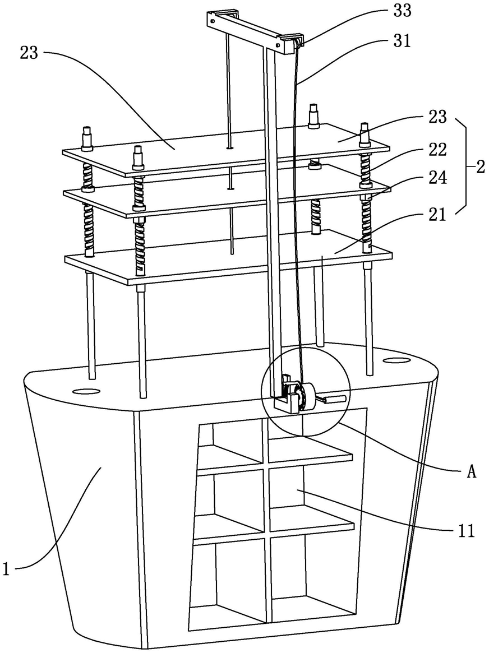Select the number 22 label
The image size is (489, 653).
437,150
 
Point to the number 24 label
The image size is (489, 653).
437,178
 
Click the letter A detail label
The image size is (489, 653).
471,473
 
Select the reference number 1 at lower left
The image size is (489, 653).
6,569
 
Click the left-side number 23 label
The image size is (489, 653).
29,53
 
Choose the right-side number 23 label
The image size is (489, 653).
437,117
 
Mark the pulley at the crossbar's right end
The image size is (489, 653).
299,41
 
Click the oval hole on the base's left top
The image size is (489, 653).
86,391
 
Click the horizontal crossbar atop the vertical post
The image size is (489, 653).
254,31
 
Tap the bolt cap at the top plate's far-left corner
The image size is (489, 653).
87,138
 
